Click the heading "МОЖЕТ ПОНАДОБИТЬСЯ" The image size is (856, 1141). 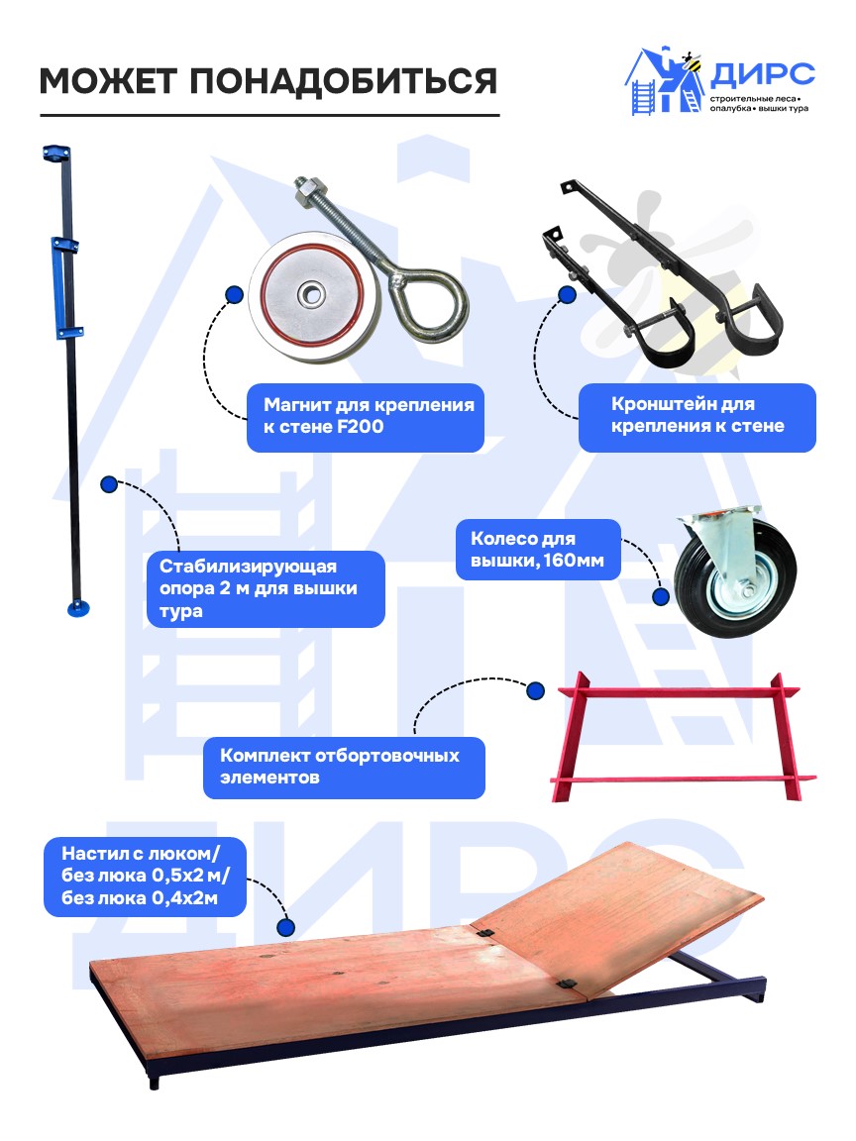267,81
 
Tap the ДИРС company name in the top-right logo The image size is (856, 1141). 762,74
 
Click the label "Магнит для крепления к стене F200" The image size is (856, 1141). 369,416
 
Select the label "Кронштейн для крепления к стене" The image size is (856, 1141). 697,415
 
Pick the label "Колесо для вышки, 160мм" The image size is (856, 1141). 537,550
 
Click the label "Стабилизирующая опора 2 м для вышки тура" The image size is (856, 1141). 259,588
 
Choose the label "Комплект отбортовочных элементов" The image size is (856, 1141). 339,767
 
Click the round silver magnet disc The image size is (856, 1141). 312,294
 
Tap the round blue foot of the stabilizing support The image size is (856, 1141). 78,607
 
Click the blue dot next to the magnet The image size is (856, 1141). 234,295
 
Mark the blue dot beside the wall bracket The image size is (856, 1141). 567,295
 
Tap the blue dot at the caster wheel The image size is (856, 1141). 661,596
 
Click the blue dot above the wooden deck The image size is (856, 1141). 286,928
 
